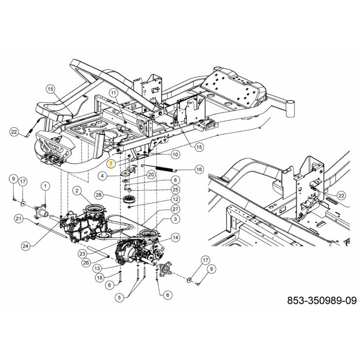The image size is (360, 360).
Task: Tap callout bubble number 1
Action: (x=45, y=185)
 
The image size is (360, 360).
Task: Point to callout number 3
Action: (x=174, y=218)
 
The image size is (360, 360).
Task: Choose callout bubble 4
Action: (x=103, y=175)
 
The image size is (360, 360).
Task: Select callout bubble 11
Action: (x=113, y=93)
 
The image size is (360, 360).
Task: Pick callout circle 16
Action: (x=198, y=169)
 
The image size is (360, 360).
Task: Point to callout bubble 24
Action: (x=26, y=245)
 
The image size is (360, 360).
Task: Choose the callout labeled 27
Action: (x=175, y=209)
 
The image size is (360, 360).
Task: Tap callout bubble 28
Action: (x=99, y=195)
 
